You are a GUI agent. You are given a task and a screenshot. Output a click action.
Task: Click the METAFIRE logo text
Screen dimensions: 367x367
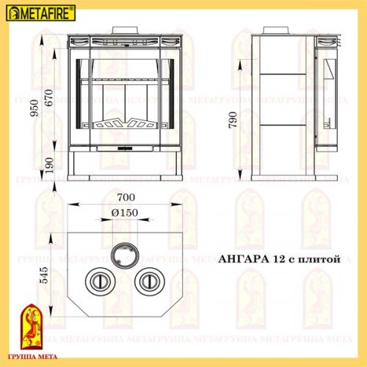(43, 14)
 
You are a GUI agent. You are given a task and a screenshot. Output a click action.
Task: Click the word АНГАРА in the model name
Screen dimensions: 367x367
(245, 259)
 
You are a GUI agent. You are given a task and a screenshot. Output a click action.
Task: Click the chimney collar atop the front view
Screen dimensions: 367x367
(123, 32)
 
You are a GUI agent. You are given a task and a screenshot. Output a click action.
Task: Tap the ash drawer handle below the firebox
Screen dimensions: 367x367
(123, 148)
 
